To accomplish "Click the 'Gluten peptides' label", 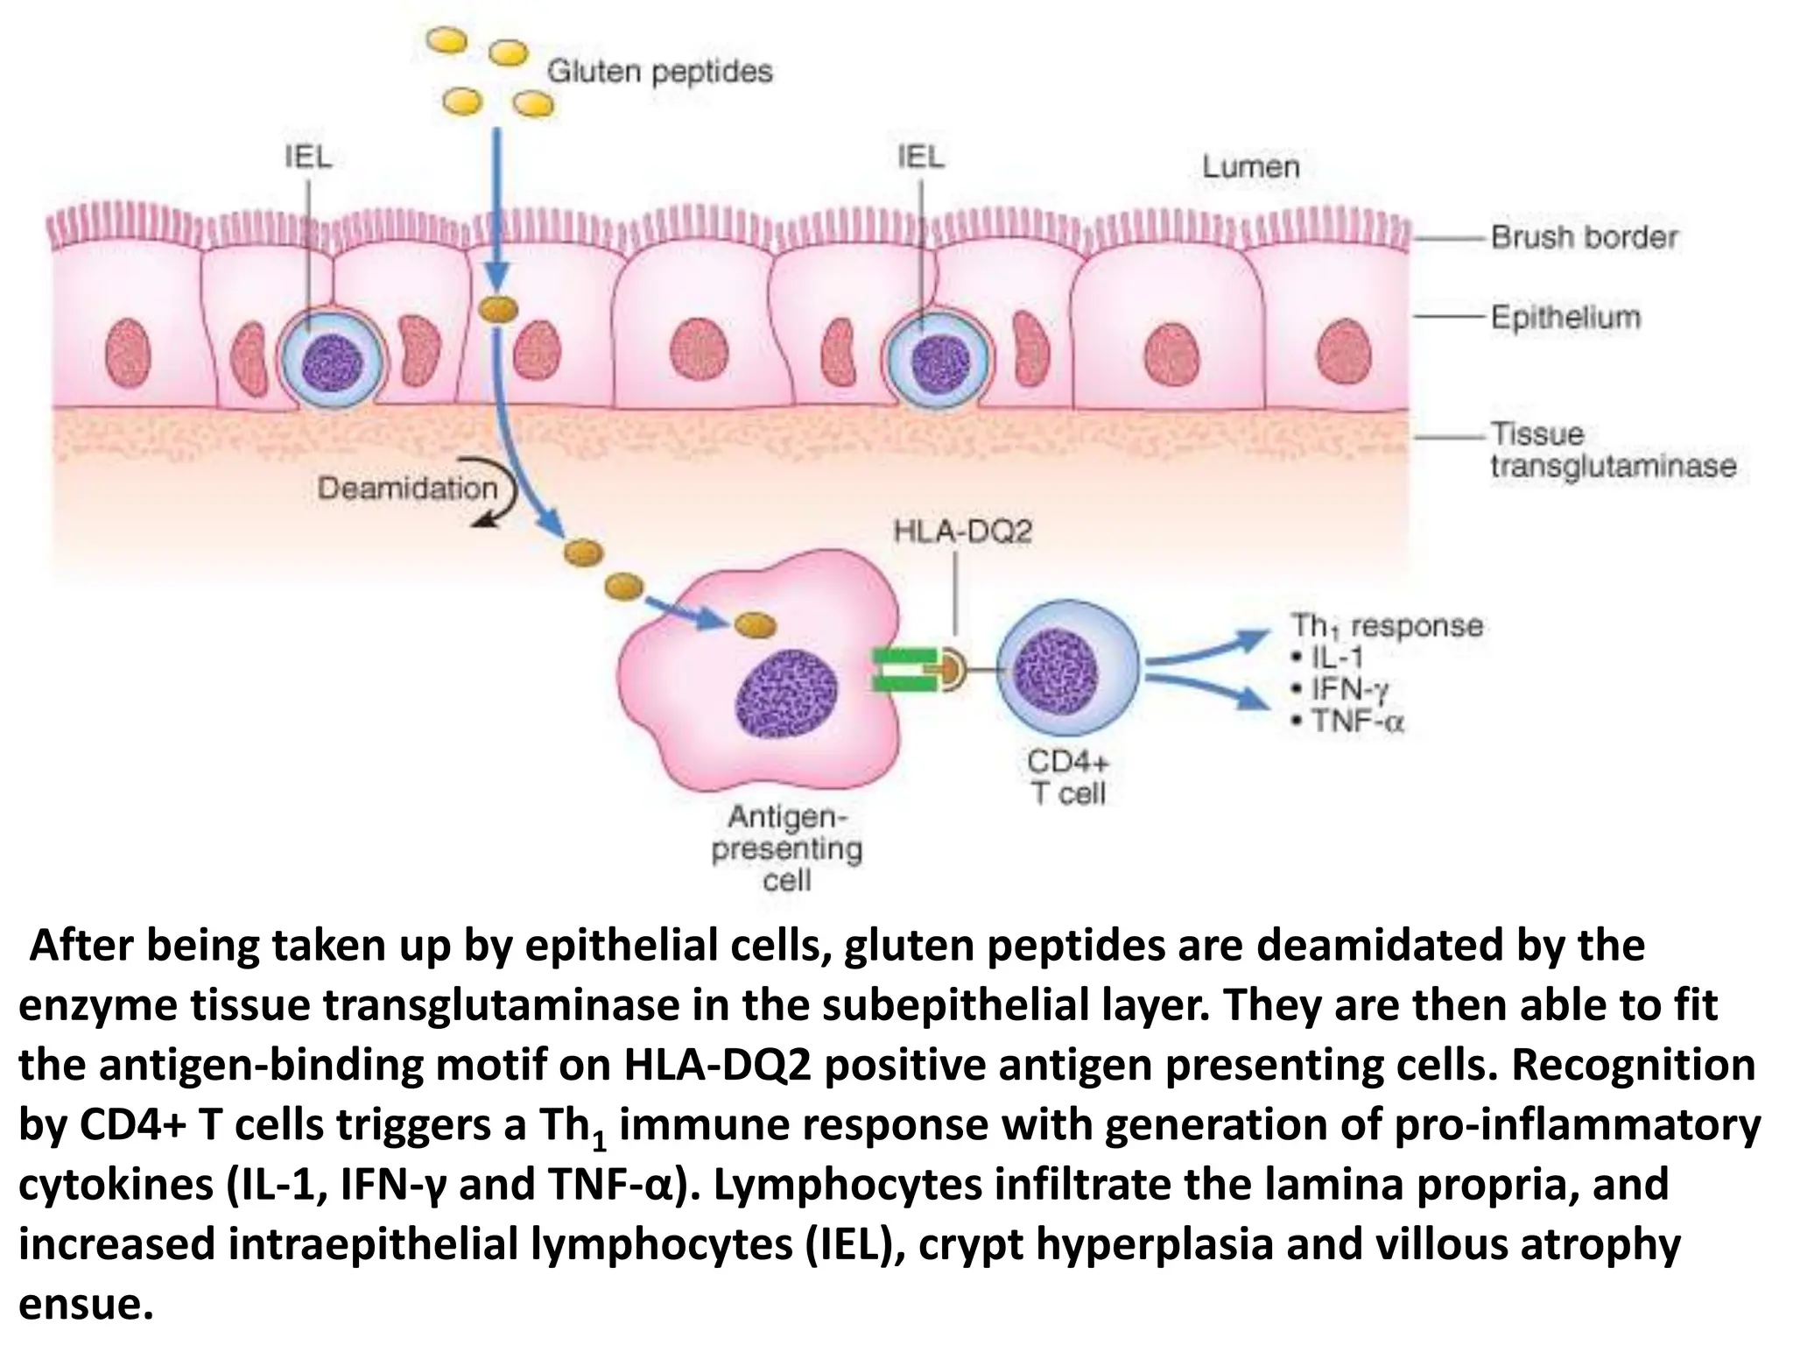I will [x=659, y=71].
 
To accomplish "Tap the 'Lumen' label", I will [x=1250, y=166].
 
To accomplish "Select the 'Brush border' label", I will [x=1584, y=237].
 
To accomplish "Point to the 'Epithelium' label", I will [x=1565, y=317].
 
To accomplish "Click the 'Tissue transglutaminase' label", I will [x=1612, y=450].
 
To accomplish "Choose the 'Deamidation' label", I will [x=407, y=488].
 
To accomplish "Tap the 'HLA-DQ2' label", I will [x=962, y=532].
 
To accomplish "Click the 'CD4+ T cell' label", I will [x=1068, y=777].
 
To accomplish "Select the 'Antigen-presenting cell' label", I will [x=786, y=848].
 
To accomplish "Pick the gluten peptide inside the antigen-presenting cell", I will [x=754, y=625].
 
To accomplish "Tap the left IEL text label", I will [x=308, y=158].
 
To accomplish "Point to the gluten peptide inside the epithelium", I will [x=497, y=309].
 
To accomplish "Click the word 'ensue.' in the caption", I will [x=86, y=1305].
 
